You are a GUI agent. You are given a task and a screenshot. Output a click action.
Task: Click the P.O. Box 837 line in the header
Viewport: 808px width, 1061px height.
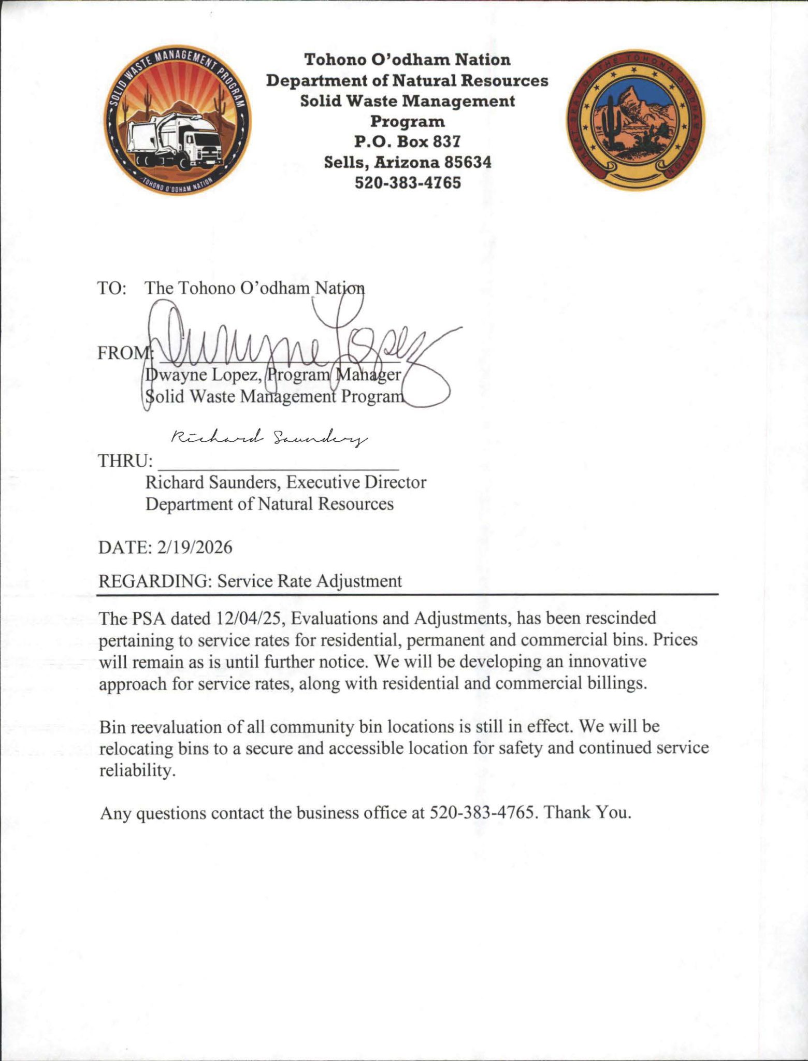407,141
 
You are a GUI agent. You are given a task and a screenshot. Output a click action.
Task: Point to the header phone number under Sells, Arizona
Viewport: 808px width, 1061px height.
407,183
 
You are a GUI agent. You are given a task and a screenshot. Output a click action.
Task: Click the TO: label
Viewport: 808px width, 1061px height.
112,288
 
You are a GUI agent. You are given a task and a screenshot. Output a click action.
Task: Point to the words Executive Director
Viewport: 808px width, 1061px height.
356,482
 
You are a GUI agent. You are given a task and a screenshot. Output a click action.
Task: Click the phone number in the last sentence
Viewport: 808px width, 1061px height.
481,812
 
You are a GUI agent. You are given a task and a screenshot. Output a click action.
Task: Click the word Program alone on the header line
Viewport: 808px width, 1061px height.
407,121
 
